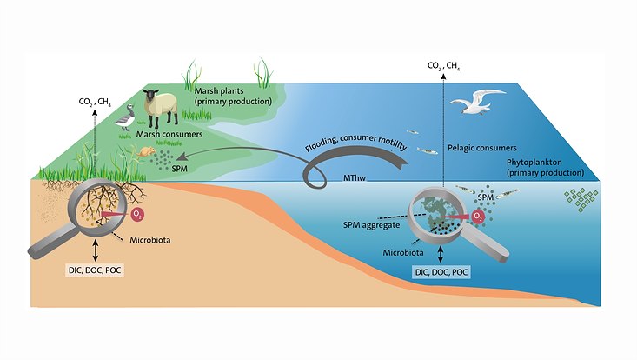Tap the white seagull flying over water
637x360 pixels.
(x=477, y=103)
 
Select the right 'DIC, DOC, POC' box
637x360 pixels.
(x=441, y=272)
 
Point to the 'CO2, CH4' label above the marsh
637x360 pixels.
(x=93, y=102)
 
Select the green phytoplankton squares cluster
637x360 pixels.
(x=579, y=201)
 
